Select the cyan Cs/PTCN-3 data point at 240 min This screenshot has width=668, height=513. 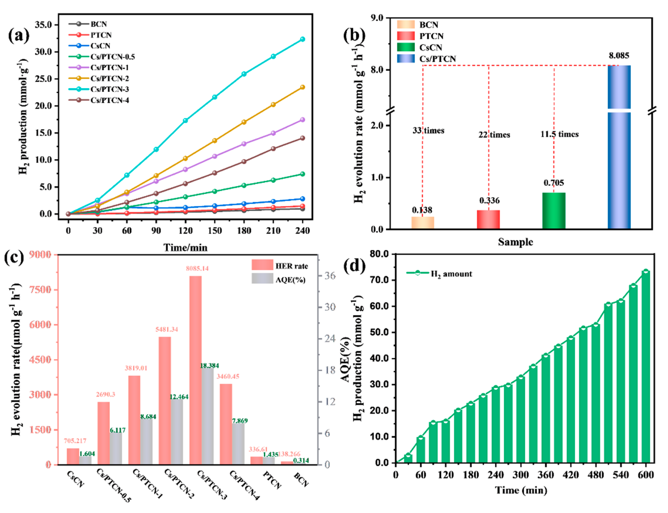[x=303, y=39]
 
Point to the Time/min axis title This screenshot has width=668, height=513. [x=185, y=247]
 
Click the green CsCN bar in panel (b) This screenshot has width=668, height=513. [x=554, y=211]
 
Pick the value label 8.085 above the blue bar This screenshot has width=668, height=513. [x=619, y=56]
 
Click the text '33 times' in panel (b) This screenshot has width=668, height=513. [x=428, y=131]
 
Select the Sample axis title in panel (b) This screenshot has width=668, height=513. [x=515, y=242]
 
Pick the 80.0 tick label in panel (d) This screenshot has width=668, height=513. [x=379, y=254]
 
